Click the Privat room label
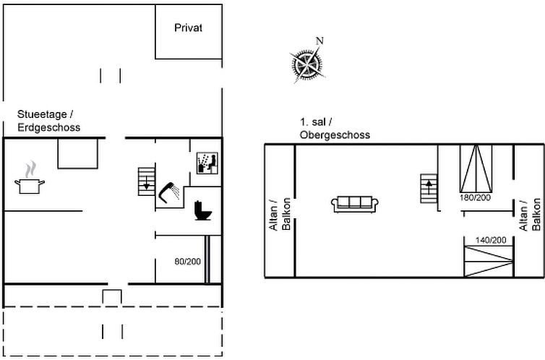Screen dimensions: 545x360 pyautogui.click(x=188, y=27)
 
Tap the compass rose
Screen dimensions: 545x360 pyautogui.click(x=307, y=64)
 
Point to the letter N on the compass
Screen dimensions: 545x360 pyautogui.click(x=319, y=41)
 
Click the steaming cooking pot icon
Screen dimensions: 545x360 pyautogui.click(x=30, y=177)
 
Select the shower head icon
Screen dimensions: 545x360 pyautogui.click(x=169, y=192)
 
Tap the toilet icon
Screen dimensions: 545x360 pyautogui.click(x=203, y=210)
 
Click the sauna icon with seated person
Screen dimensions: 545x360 pyautogui.click(x=207, y=163)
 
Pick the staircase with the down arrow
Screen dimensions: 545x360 pyautogui.click(x=146, y=181)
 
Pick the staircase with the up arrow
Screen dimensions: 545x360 pyautogui.click(x=429, y=189)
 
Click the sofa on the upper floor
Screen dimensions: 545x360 pyautogui.click(x=354, y=204)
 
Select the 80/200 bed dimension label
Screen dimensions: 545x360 pyautogui.click(x=188, y=262)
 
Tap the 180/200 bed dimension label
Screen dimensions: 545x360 pyautogui.click(x=475, y=198)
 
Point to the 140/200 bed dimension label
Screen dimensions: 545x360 pyautogui.click(x=491, y=240)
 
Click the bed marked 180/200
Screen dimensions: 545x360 pyautogui.click(x=476, y=168)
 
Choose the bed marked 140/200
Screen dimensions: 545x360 pyautogui.click(x=489, y=261)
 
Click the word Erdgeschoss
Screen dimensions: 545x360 pyautogui.click(x=49, y=127)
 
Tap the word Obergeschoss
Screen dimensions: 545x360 pyautogui.click(x=335, y=135)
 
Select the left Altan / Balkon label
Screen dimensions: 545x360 pyautogui.click(x=280, y=215)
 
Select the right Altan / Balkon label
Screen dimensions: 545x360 pyautogui.click(x=530, y=215)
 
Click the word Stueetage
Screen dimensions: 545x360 pyautogui.click(x=42, y=114)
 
